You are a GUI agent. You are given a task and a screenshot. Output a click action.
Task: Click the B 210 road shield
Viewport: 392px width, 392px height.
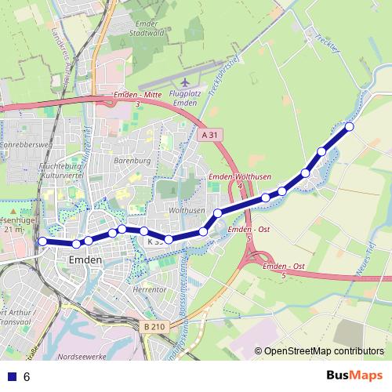[x=154, y=326]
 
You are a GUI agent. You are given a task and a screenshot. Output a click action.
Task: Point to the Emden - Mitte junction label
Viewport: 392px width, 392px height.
[x=136, y=98]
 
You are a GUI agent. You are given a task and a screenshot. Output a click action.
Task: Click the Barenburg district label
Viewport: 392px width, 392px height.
[x=132, y=162]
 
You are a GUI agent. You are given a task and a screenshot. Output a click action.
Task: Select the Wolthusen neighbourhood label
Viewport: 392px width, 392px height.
[x=187, y=211]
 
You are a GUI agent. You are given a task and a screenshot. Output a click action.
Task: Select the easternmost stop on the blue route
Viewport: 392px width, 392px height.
[x=350, y=126]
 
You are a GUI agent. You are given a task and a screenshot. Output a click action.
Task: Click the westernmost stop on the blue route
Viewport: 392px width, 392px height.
[x=42, y=241]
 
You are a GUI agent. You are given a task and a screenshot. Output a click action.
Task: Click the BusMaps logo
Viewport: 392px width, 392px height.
[x=354, y=376]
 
